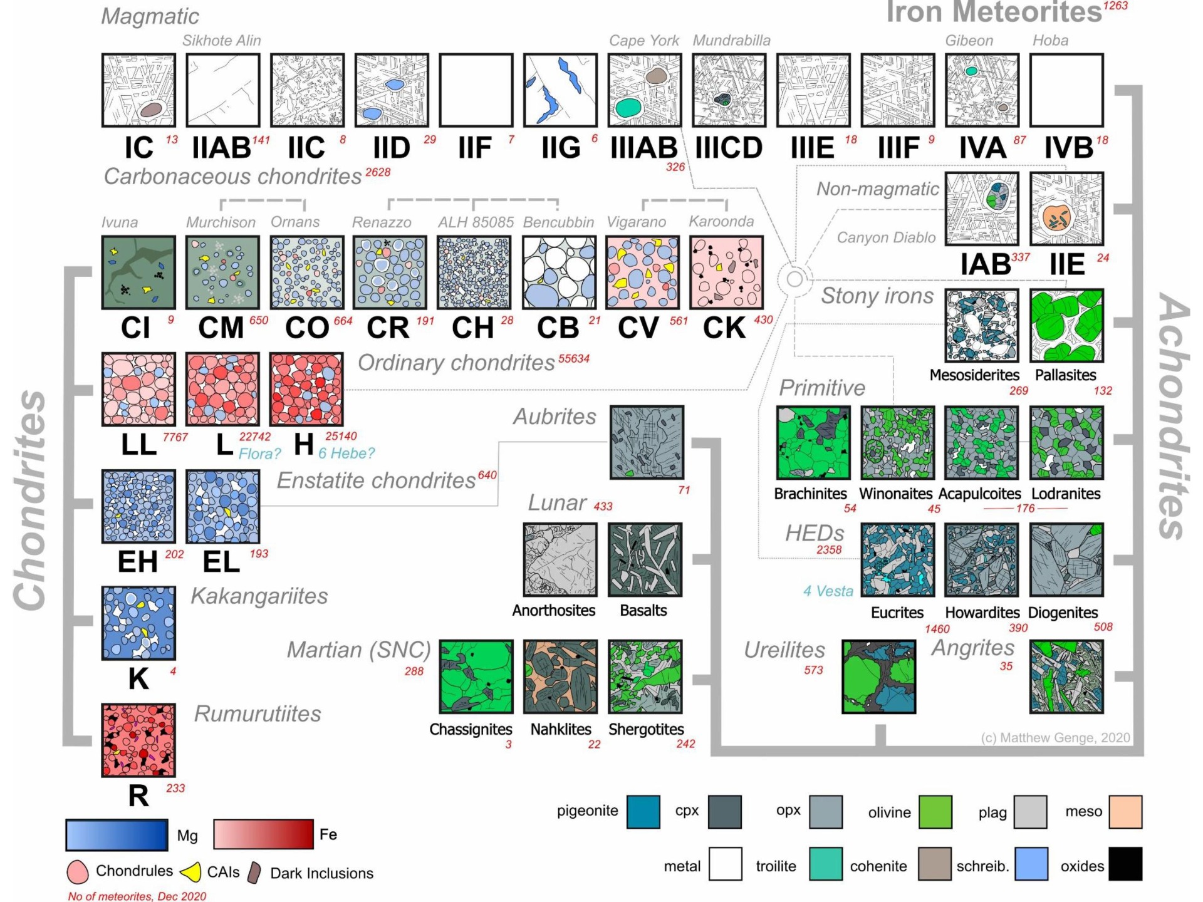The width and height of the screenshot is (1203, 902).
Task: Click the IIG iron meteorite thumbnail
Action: click(560, 90)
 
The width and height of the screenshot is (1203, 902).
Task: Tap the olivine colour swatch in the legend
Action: click(935, 812)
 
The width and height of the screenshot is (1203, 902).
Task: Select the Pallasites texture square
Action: click(1066, 326)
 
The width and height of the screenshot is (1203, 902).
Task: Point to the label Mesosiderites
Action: click(974, 375)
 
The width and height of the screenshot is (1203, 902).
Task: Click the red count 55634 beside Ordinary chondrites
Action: click(574, 359)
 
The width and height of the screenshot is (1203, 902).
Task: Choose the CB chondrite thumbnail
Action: click(560, 272)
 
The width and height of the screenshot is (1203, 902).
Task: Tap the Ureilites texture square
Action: click(879, 676)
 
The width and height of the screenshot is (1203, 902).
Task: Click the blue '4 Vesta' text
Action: click(828, 591)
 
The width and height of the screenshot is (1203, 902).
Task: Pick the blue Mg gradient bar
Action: click(117, 835)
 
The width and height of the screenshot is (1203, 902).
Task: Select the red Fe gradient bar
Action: click(263, 834)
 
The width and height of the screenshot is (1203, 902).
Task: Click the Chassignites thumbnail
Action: click(476, 676)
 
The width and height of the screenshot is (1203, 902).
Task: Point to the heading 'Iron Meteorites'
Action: click(994, 12)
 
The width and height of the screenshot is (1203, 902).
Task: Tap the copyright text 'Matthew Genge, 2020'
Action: click(1065, 738)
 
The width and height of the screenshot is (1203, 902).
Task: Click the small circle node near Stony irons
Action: click(794, 279)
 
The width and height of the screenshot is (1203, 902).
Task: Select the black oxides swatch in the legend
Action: click(1125, 864)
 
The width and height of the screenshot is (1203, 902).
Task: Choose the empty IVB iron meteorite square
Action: click(1066, 90)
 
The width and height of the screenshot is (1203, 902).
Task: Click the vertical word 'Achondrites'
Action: click(1173, 417)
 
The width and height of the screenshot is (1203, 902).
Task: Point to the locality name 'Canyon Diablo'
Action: click(886, 238)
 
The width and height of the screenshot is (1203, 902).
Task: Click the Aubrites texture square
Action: click(647, 442)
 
